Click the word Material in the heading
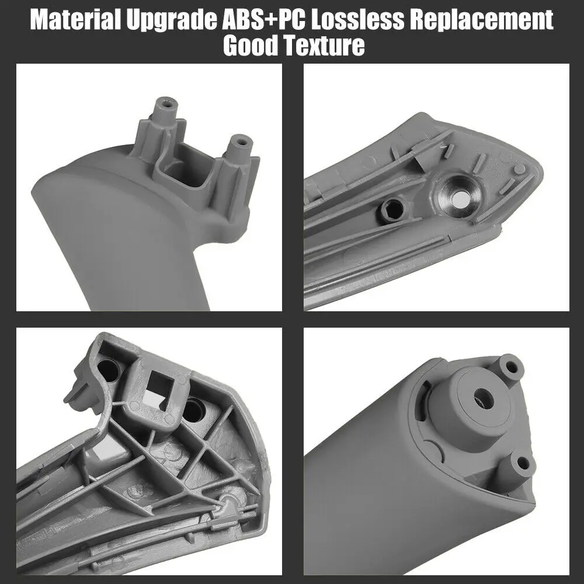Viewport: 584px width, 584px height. click(75, 19)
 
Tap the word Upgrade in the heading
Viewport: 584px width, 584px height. click(171, 21)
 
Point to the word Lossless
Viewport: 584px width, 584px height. click(357, 19)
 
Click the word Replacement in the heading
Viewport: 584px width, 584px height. click(482, 21)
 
